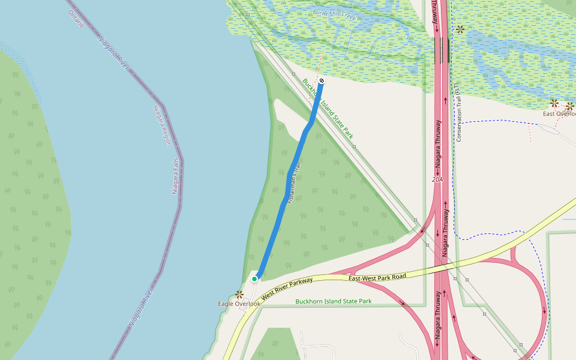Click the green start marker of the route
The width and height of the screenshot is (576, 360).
254,278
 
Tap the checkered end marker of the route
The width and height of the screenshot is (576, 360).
322,80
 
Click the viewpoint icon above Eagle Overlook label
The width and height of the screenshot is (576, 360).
239,294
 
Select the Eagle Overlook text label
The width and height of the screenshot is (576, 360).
239,304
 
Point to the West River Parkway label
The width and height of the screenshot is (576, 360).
286,286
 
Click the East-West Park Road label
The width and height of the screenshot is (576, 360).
377,277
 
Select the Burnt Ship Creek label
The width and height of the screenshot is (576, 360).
334,15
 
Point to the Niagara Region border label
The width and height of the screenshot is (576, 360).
162,125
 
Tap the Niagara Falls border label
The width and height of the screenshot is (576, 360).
175,176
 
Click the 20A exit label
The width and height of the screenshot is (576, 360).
436,179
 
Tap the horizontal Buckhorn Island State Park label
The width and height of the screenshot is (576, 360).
334,301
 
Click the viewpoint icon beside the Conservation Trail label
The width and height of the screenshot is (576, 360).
460,29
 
